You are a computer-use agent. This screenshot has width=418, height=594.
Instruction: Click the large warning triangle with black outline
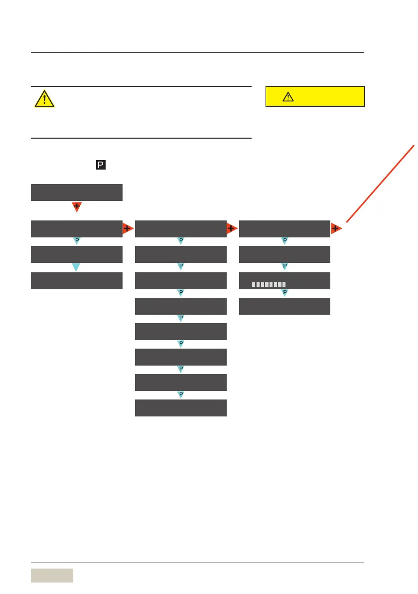44,99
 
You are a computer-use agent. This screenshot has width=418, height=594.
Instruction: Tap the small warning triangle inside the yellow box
288,97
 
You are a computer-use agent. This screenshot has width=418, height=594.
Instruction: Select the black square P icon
100,164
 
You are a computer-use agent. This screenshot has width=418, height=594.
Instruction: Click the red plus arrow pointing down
76,206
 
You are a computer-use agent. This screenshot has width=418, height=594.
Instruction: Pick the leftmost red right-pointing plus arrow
128,228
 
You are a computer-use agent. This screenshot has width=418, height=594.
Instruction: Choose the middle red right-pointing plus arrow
232,228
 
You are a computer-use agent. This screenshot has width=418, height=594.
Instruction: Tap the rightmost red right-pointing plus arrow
336,228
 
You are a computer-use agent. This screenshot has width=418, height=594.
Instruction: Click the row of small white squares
269,284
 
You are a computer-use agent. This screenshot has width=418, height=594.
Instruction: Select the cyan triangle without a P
76,267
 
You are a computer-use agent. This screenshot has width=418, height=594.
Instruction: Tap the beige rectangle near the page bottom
52,576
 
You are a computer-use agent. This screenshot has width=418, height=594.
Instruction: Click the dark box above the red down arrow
76,192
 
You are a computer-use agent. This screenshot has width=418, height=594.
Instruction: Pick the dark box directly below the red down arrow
76,228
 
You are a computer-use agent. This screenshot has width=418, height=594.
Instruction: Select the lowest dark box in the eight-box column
181,407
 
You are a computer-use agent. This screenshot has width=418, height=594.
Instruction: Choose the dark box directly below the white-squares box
284,306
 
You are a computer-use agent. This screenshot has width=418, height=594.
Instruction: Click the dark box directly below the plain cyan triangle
76,280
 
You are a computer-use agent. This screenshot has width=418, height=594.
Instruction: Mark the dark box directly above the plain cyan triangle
76,254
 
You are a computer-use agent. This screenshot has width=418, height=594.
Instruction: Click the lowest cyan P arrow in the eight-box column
181,395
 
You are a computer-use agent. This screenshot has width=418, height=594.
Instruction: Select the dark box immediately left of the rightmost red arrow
284,228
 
